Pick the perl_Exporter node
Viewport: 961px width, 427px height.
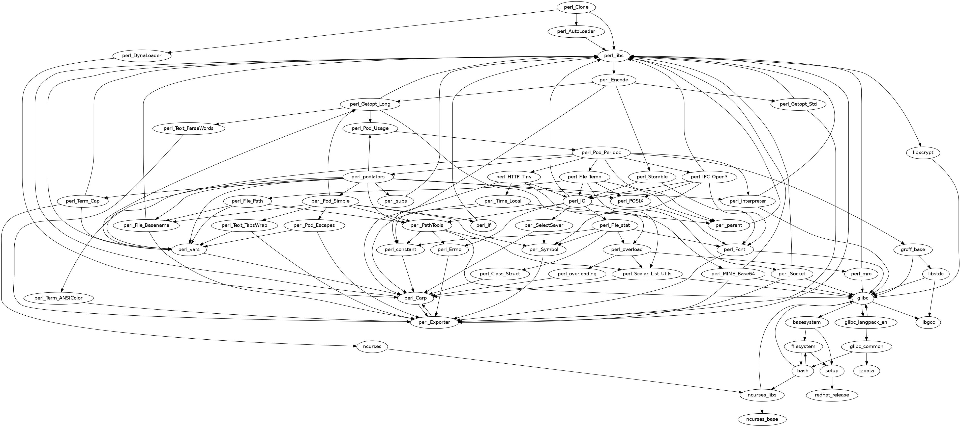[434, 322]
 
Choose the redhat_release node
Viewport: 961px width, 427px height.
[832, 395]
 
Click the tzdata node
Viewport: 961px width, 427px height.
[866, 371]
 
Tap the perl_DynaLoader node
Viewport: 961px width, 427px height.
[142, 56]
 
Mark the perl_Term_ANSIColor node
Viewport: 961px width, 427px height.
[58, 298]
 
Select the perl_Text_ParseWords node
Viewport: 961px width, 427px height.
[189, 128]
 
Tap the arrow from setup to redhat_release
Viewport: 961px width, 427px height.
[832, 383]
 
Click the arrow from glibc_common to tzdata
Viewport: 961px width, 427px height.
[866, 359]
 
